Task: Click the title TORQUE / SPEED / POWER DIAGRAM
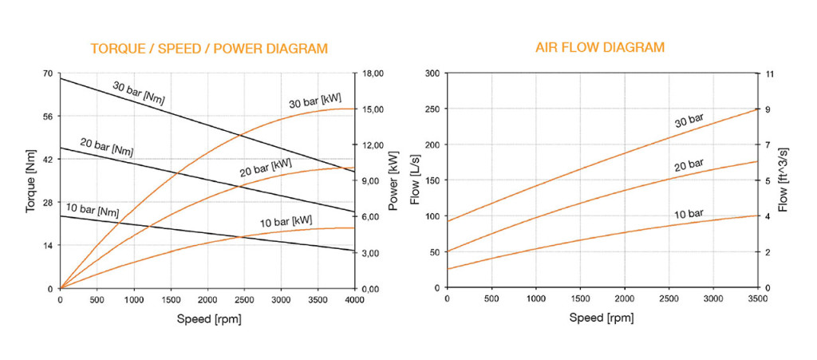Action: point(209,49)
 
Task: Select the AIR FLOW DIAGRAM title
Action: point(600,48)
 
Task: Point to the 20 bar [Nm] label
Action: point(107,146)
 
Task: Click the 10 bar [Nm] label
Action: point(92,211)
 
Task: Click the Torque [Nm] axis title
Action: point(31,181)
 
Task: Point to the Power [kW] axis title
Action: point(393,181)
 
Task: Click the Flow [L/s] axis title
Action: point(415,181)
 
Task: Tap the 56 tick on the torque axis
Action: point(46,117)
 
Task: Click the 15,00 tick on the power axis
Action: point(374,109)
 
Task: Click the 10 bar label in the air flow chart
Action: point(689,214)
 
